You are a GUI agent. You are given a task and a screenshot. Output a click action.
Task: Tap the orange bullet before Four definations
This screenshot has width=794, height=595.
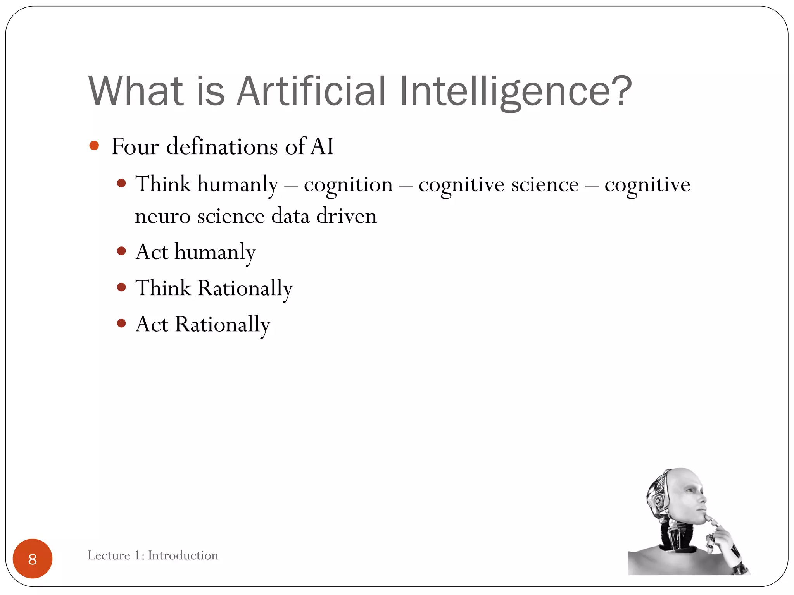point(94,146)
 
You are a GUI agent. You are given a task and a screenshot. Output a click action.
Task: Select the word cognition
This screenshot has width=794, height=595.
point(348,184)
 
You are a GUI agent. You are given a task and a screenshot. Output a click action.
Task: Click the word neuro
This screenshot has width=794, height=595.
point(162,216)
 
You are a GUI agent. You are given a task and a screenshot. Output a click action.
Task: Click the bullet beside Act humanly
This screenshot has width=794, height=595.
point(121,251)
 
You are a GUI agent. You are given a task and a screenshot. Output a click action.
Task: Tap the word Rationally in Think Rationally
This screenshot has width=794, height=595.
point(245,288)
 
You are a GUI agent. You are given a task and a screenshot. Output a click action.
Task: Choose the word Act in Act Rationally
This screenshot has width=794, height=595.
point(152,324)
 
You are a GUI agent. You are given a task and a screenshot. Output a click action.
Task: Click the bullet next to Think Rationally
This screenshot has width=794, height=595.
point(121,287)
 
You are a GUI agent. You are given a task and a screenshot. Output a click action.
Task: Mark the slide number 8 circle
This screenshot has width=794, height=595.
point(33,559)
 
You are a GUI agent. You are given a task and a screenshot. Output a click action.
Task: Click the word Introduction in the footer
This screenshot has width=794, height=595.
point(183,555)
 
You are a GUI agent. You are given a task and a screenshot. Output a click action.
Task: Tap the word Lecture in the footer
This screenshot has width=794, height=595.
point(109,555)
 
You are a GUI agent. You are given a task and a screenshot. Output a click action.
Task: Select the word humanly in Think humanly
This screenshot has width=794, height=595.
point(237,184)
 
